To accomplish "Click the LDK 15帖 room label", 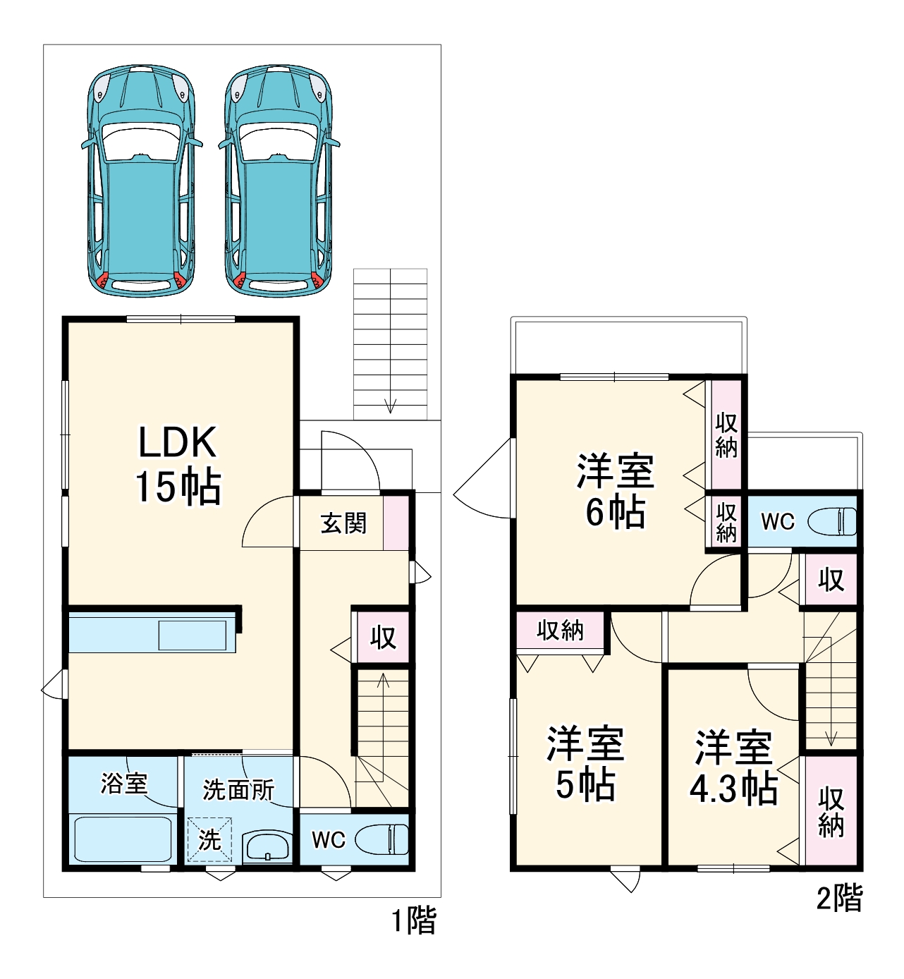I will [x=178, y=464].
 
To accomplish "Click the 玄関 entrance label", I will [x=343, y=523].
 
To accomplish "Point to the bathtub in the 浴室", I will [x=123, y=839].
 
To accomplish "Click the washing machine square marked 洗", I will [x=209, y=839].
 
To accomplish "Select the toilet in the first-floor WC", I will [x=381, y=839].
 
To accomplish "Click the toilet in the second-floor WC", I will [x=832, y=522].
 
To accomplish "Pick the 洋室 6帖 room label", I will [x=615, y=492].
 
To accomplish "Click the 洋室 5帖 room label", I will [x=585, y=764].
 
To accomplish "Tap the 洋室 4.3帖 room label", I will [x=733, y=767].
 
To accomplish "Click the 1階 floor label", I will [x=414, y=921].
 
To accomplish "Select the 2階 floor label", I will [x=839, y=899].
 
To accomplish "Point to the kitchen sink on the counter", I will [x=193, y=635].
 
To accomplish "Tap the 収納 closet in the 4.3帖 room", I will [x=831, y=811].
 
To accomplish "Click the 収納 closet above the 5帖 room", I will [x=560, y=630].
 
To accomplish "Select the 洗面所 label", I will [x=238, y=790].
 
